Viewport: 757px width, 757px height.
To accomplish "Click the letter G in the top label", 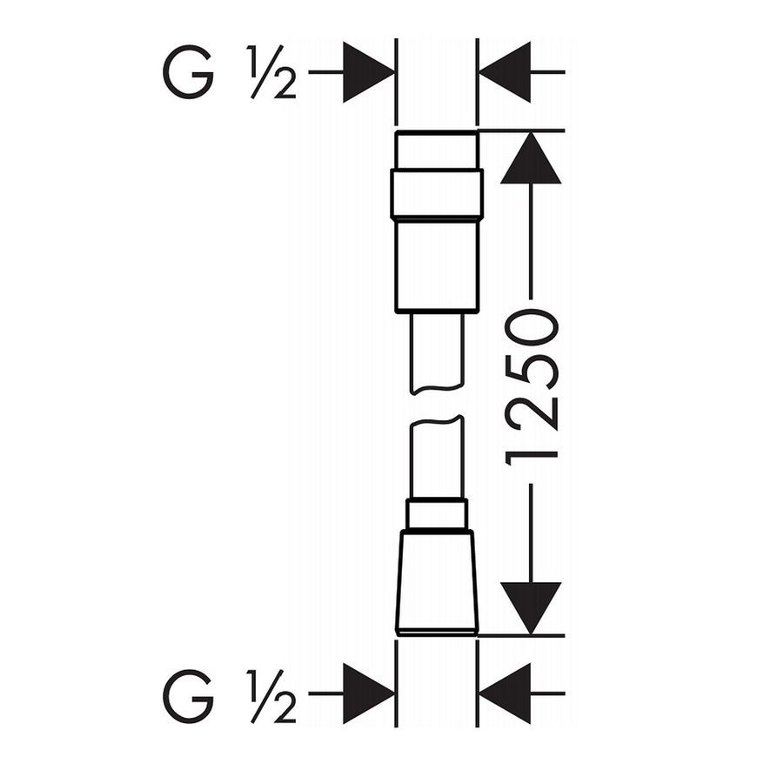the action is pyautogui.click(x=188, y=72).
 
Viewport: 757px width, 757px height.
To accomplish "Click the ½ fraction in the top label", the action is pyautogui.click(x=271, y=72).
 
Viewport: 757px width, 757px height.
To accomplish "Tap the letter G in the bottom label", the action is pyautogui.click(x=188, y=696).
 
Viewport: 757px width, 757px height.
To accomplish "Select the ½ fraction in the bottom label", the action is pyautogui.click(x=271, y=696).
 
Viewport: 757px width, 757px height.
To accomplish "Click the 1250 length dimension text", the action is pyautogui.click(x=531, y=387).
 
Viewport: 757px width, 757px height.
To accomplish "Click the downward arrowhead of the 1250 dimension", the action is pyautogui.click(x=531, y=608).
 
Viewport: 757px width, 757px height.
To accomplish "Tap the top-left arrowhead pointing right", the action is pyautogui.click(x=369, y=72).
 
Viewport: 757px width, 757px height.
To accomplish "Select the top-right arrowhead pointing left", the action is pyautogui.click(x=504, y=72).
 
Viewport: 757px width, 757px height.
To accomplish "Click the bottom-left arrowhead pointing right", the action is pyautogui.click(x=369, y=693).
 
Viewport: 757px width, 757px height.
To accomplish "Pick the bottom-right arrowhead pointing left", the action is pyautogui.click(x=504, y=693).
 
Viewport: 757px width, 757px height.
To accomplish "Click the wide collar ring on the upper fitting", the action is pyautogui.click(x=437, y=193).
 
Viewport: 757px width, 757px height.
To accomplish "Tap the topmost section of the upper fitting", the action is pyautogui.click(x=437, y=150).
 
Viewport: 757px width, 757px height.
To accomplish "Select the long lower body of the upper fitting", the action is pyautogui.click(x=437, y=266).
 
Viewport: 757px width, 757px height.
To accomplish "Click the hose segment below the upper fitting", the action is pyautogui.click(x=437, y=353).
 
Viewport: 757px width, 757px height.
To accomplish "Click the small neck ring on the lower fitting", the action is pyautogui.click(x=437, y=514).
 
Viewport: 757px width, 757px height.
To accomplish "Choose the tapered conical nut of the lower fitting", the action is pyautogui.click(x=437, y=583).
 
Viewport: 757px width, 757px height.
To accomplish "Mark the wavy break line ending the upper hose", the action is pyautogui.click(x=437, y=389).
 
